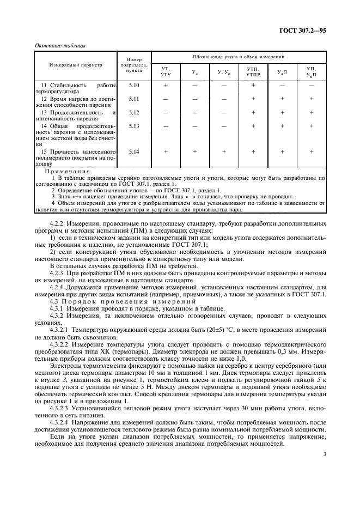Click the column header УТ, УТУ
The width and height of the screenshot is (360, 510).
166,71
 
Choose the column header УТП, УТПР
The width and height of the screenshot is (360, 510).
253,71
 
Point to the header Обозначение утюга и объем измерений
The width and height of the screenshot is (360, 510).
238,57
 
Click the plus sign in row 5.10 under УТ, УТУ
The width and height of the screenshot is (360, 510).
166,86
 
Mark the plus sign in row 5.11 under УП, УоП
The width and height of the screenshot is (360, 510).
311,99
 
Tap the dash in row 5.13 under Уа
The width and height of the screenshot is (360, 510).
194,125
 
